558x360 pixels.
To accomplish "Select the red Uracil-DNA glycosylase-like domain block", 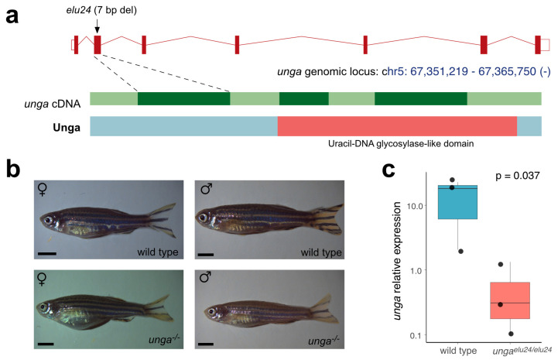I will point(396,127).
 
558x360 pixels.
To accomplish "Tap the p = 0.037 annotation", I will point(515,176).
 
